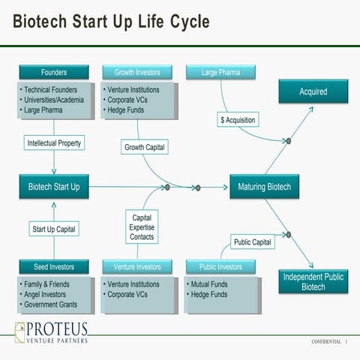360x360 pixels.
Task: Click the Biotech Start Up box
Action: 54,187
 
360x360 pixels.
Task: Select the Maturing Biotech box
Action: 264,187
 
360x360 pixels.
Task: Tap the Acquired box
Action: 313,91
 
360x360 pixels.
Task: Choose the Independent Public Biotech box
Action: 313,281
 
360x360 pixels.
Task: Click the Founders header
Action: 54,73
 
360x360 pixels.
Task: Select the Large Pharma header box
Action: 220,73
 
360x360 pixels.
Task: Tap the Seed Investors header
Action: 54,267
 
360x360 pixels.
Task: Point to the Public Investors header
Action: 220,267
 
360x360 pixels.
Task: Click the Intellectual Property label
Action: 54,142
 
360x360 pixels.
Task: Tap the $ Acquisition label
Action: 238,120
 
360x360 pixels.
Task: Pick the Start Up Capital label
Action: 54,229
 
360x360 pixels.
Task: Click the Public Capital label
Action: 252,242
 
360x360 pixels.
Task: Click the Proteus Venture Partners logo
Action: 52,333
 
